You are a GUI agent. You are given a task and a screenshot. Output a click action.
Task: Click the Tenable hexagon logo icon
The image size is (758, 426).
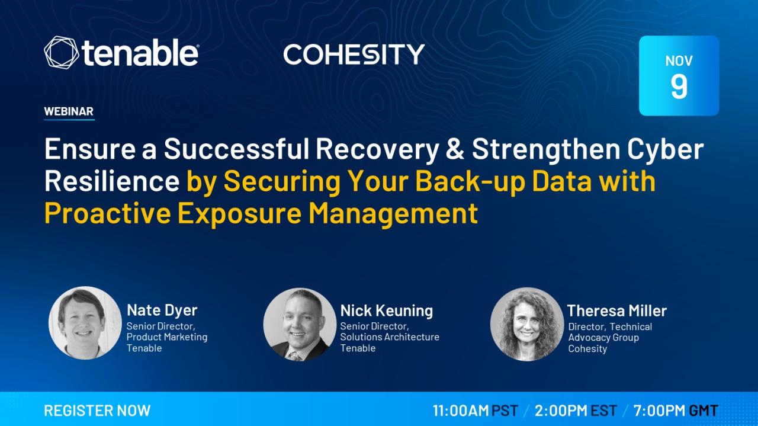[x=61, y=53]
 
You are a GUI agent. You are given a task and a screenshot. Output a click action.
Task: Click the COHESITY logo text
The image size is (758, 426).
[x=354, y=54]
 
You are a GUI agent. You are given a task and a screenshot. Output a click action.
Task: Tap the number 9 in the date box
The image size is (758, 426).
[x=679, y=87]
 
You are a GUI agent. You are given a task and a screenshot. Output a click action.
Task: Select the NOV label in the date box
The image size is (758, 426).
[x=679, y=61]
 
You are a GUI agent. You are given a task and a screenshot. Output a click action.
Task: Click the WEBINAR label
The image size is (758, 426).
[x=69, y=111]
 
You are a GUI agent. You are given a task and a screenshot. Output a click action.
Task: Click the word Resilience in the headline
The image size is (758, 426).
[x=112, y=181]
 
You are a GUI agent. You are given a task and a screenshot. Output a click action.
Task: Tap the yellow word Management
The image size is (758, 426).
[x=393, y=213]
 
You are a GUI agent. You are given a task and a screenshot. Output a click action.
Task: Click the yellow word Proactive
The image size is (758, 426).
[x=107, y=213]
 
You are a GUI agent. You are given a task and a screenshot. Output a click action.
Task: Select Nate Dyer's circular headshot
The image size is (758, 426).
[x=85, y=323]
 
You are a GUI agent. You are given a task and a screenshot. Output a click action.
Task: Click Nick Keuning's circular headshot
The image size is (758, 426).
[x=300, y=325]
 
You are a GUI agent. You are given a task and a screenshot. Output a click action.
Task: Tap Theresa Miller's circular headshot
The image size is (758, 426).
[x=527, y=325]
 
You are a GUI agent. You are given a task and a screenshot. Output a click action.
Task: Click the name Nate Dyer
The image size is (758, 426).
[x=162, y=310]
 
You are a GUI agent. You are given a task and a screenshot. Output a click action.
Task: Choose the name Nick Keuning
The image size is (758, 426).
[x=387, y=310]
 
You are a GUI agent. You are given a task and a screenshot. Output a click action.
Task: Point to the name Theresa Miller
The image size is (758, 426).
[x=616, y=310]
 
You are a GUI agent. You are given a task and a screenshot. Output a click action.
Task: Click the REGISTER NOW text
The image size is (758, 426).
[x=97, y=411]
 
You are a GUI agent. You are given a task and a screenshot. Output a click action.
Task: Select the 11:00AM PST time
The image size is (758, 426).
[x=476, y=411]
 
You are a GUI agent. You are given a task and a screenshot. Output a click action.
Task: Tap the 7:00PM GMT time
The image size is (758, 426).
[x=676, y=411]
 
